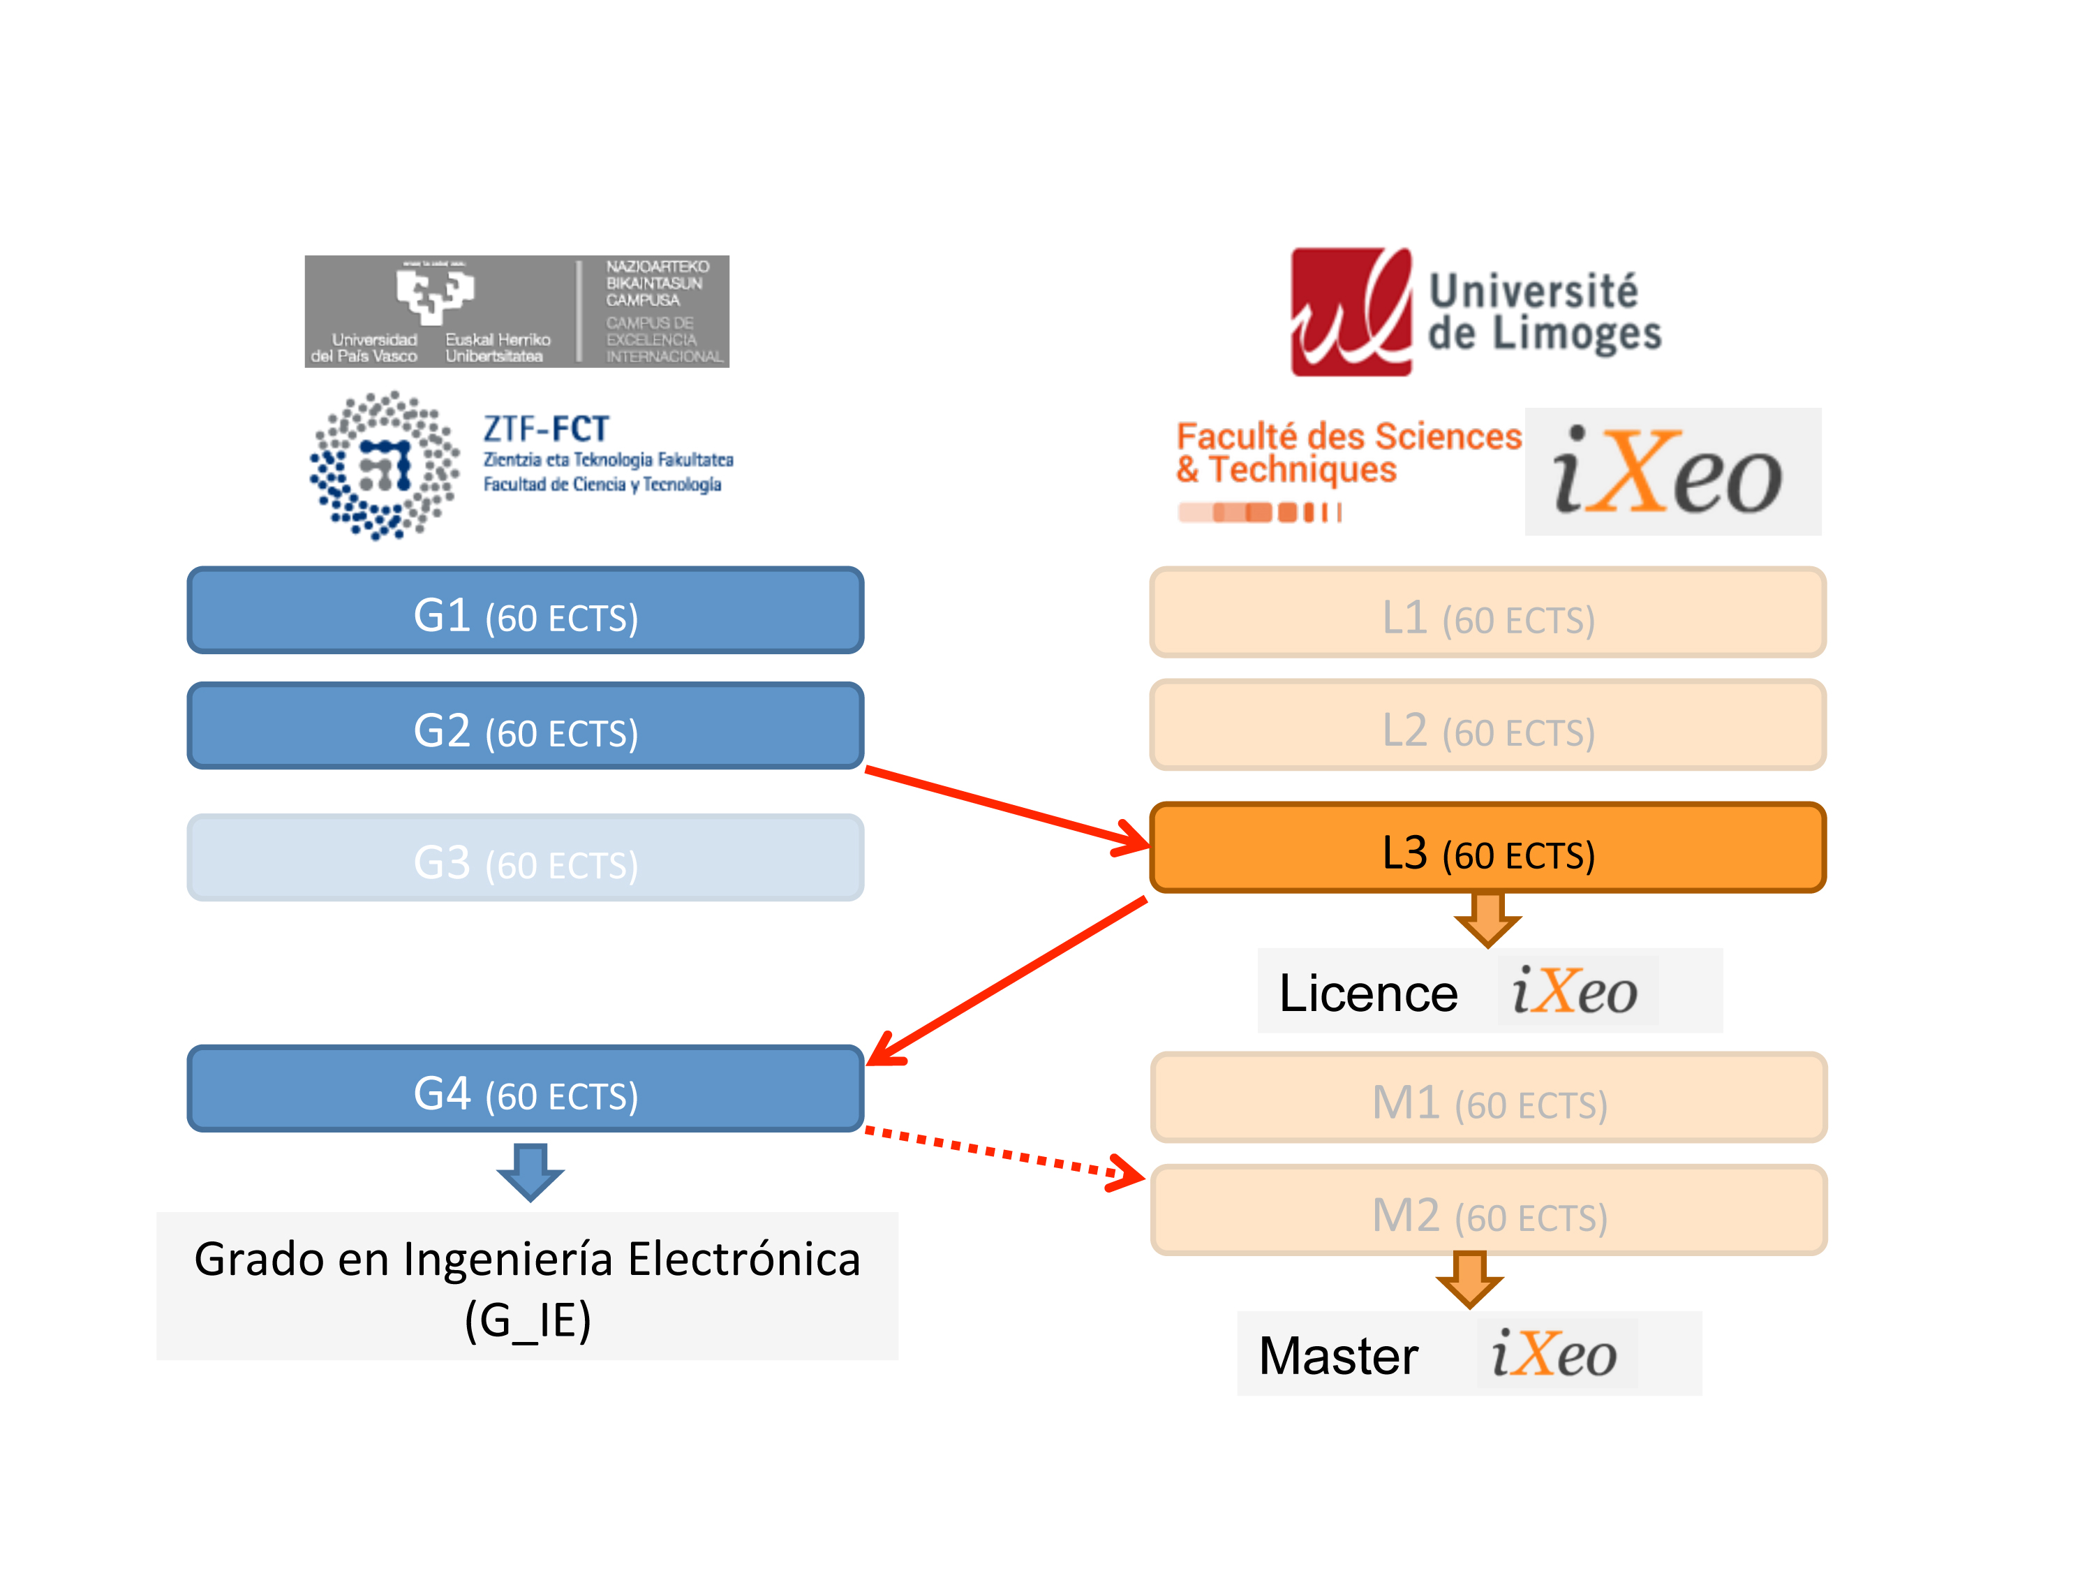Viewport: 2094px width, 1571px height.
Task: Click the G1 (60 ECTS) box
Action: click(x=526, y=611)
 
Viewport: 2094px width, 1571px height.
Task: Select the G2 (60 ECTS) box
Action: click(x=526, y=726)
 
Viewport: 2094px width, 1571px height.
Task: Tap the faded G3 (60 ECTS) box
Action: click(x=526, y=858)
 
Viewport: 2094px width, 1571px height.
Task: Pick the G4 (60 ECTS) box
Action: click(x=526, y=1089)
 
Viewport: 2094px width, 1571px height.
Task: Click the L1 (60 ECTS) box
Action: click(x=1487, y=612)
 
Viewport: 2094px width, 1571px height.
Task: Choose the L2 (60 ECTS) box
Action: click(x=1487, y=725)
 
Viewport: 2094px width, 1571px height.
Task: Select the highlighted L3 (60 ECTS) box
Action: click(x=1487, y=848)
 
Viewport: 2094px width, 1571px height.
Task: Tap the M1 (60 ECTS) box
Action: click(x=1488, y=1098)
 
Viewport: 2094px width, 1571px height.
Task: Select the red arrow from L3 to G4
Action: click(x=1008, y=980)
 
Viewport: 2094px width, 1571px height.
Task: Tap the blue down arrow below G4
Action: click(x=530, y=1172)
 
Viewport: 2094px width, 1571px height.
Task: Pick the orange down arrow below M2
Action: click(x=1469, y=1279)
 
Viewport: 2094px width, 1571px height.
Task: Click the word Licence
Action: click(x=1368, y=994)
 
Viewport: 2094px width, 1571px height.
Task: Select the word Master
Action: click(x=1337, y=1356)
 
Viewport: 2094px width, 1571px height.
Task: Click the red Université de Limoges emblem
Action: click(x=1351, y=313)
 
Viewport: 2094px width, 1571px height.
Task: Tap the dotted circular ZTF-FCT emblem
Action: click(x=385, y=466)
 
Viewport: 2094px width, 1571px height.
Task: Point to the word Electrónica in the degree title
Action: click(x=744, y=1260)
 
